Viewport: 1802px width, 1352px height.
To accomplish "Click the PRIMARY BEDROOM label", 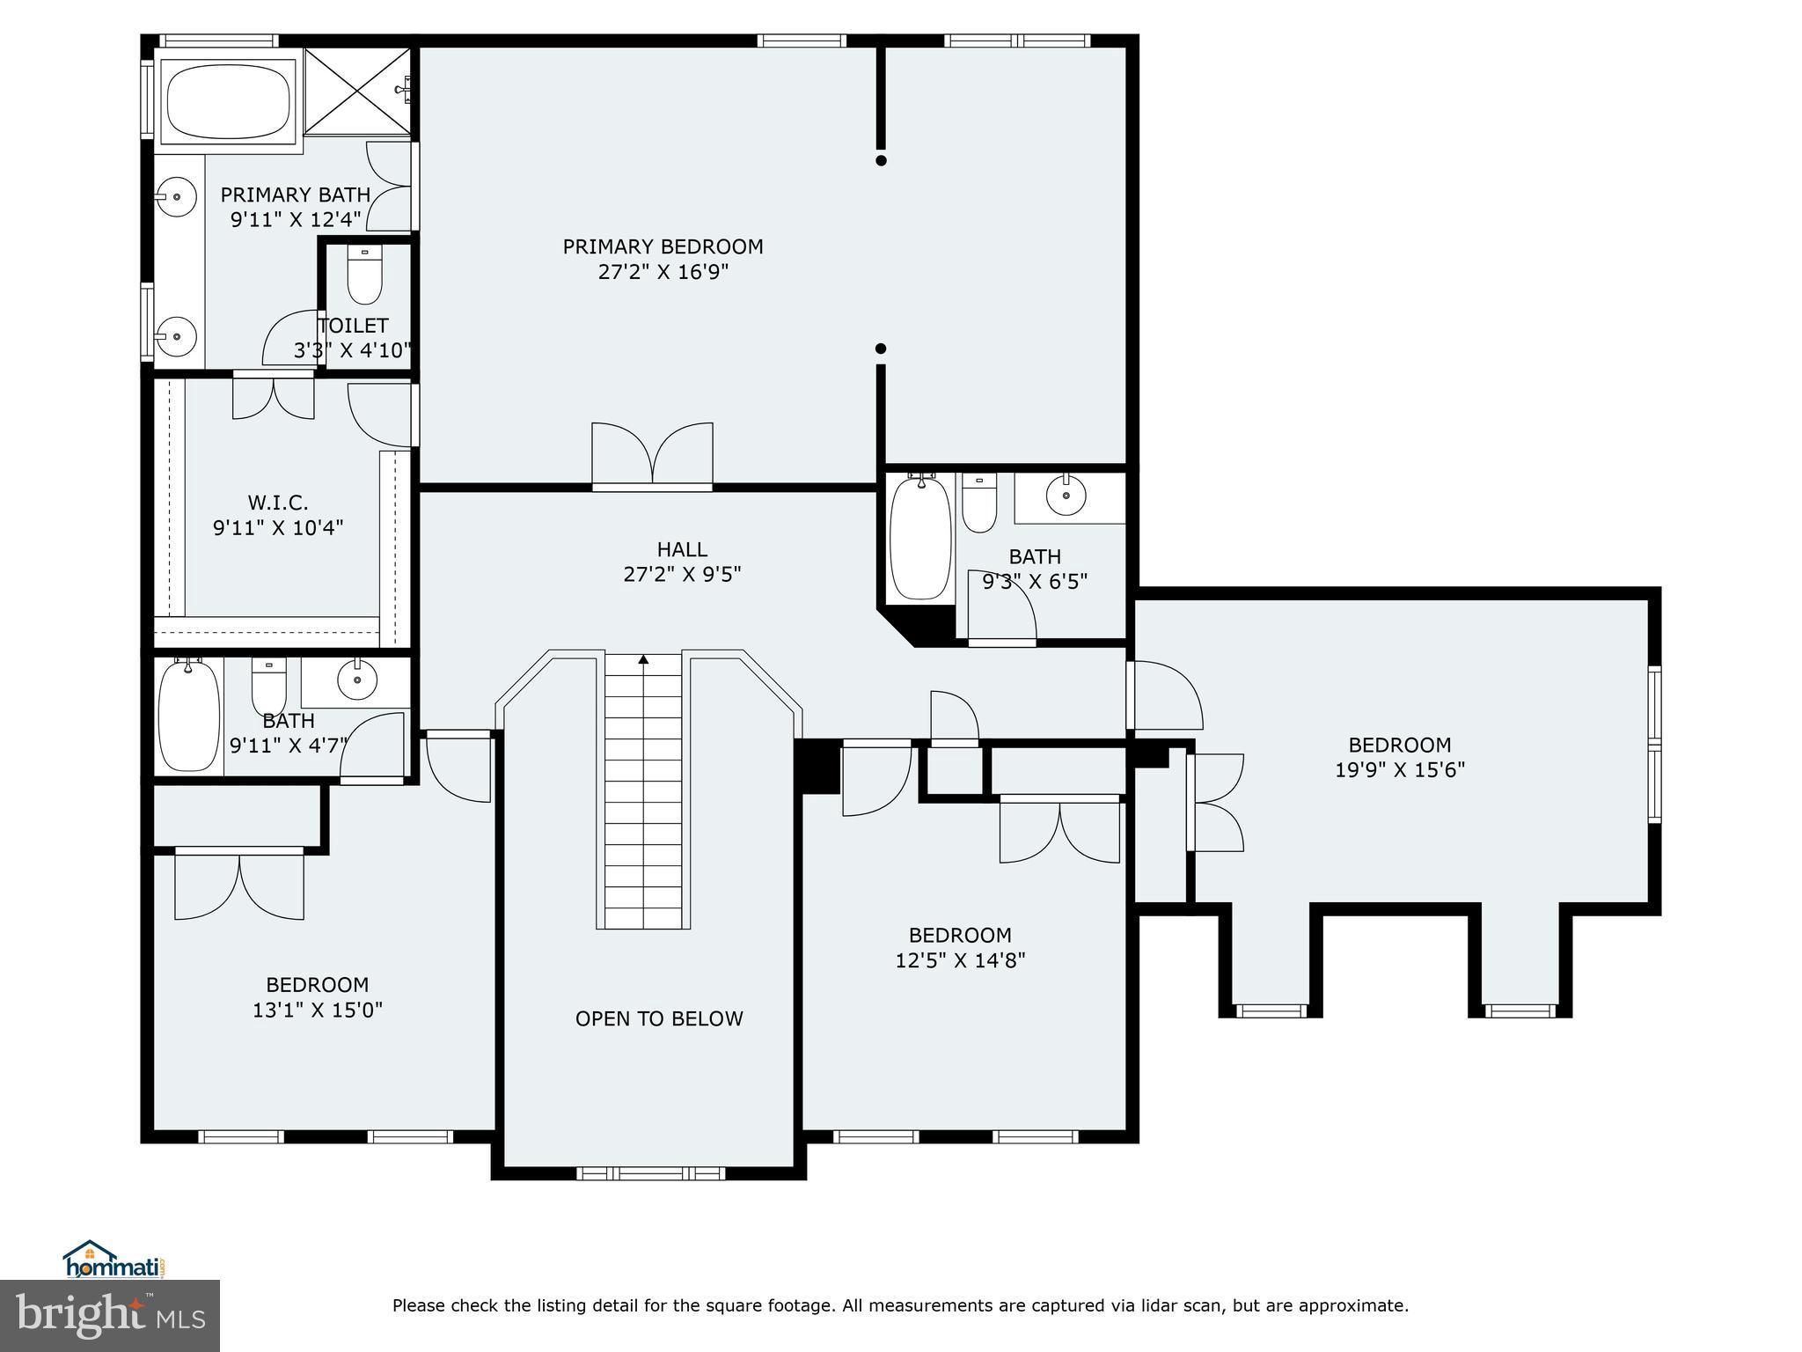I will [x=663, y=247].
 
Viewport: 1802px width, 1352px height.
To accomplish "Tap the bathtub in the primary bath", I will [x=229, y=100].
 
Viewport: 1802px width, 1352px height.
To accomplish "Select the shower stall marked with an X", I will [x=357, y=92].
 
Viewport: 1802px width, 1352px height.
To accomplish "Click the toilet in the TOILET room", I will [x=364, y=275].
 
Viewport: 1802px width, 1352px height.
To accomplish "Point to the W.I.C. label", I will [x=277, y=503].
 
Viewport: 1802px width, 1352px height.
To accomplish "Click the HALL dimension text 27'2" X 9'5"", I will [x=682, y=575].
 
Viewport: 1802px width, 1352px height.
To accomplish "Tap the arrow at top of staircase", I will [x=643, y=659].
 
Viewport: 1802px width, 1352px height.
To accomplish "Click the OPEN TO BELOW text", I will [x=659, y=1019].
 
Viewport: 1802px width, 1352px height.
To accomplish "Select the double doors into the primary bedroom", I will [x=652, y=455].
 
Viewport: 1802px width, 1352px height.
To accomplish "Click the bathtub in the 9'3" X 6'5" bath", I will [x=920, y=539].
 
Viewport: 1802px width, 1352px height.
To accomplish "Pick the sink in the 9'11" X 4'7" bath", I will [x=356, y=680].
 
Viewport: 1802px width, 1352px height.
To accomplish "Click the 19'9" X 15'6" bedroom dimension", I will [x=1399, y=770].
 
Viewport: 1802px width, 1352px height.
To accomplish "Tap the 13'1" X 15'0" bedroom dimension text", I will [x=318, y=1010].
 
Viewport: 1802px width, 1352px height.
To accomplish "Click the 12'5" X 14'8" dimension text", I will [x=960, y=960].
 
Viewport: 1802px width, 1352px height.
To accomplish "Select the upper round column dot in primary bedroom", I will [x=881, y=160].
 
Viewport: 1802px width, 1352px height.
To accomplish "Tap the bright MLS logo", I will [x=110, y=1315].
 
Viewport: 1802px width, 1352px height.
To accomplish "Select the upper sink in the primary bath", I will [x=178, y=196].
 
